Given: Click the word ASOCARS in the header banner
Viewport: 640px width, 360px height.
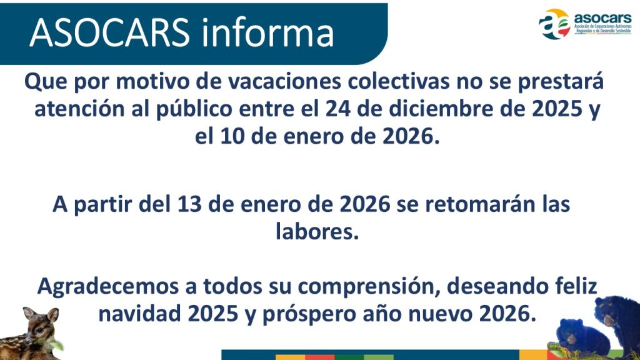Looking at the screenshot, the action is coord(109,32).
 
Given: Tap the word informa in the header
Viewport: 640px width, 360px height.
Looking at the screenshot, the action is coord(267,32).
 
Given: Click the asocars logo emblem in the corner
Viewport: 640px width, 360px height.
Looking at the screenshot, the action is coord(554,23).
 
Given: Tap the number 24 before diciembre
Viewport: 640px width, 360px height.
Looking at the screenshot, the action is coord(337,109).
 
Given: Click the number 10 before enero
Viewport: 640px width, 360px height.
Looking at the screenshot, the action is coord(232,137).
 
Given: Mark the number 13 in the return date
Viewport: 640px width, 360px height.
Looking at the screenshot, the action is coord(189,204).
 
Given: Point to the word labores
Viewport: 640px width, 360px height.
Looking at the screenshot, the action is coord(317,231).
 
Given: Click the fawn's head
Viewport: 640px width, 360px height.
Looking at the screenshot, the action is coord(41,324).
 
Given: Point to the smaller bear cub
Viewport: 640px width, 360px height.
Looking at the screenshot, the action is coord(579,337).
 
